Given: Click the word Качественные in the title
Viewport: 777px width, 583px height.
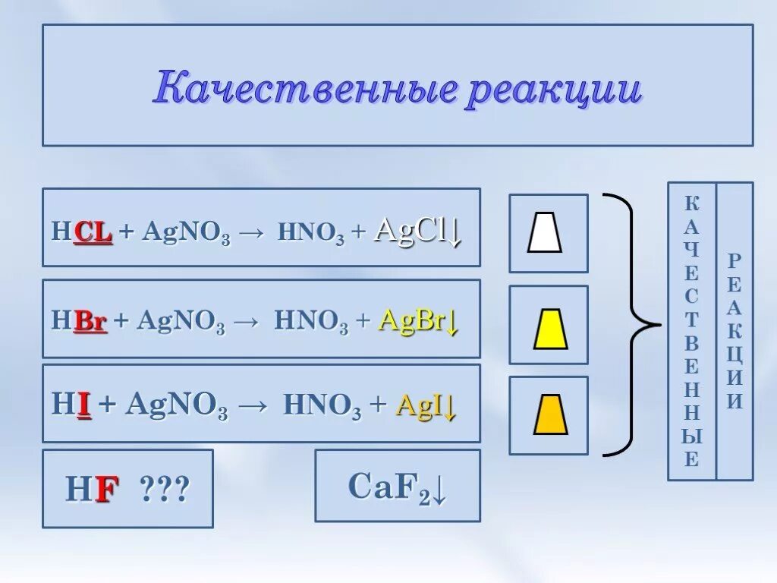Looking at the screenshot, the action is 304,90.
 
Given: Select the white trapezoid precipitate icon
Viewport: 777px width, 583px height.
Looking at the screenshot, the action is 545,233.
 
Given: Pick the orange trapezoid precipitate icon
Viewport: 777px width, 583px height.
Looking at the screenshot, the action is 550,415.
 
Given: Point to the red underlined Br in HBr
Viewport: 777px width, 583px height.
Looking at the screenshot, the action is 91,322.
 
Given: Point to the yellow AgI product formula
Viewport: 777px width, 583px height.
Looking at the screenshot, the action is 426,405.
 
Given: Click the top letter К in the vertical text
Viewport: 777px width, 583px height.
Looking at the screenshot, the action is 692,203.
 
